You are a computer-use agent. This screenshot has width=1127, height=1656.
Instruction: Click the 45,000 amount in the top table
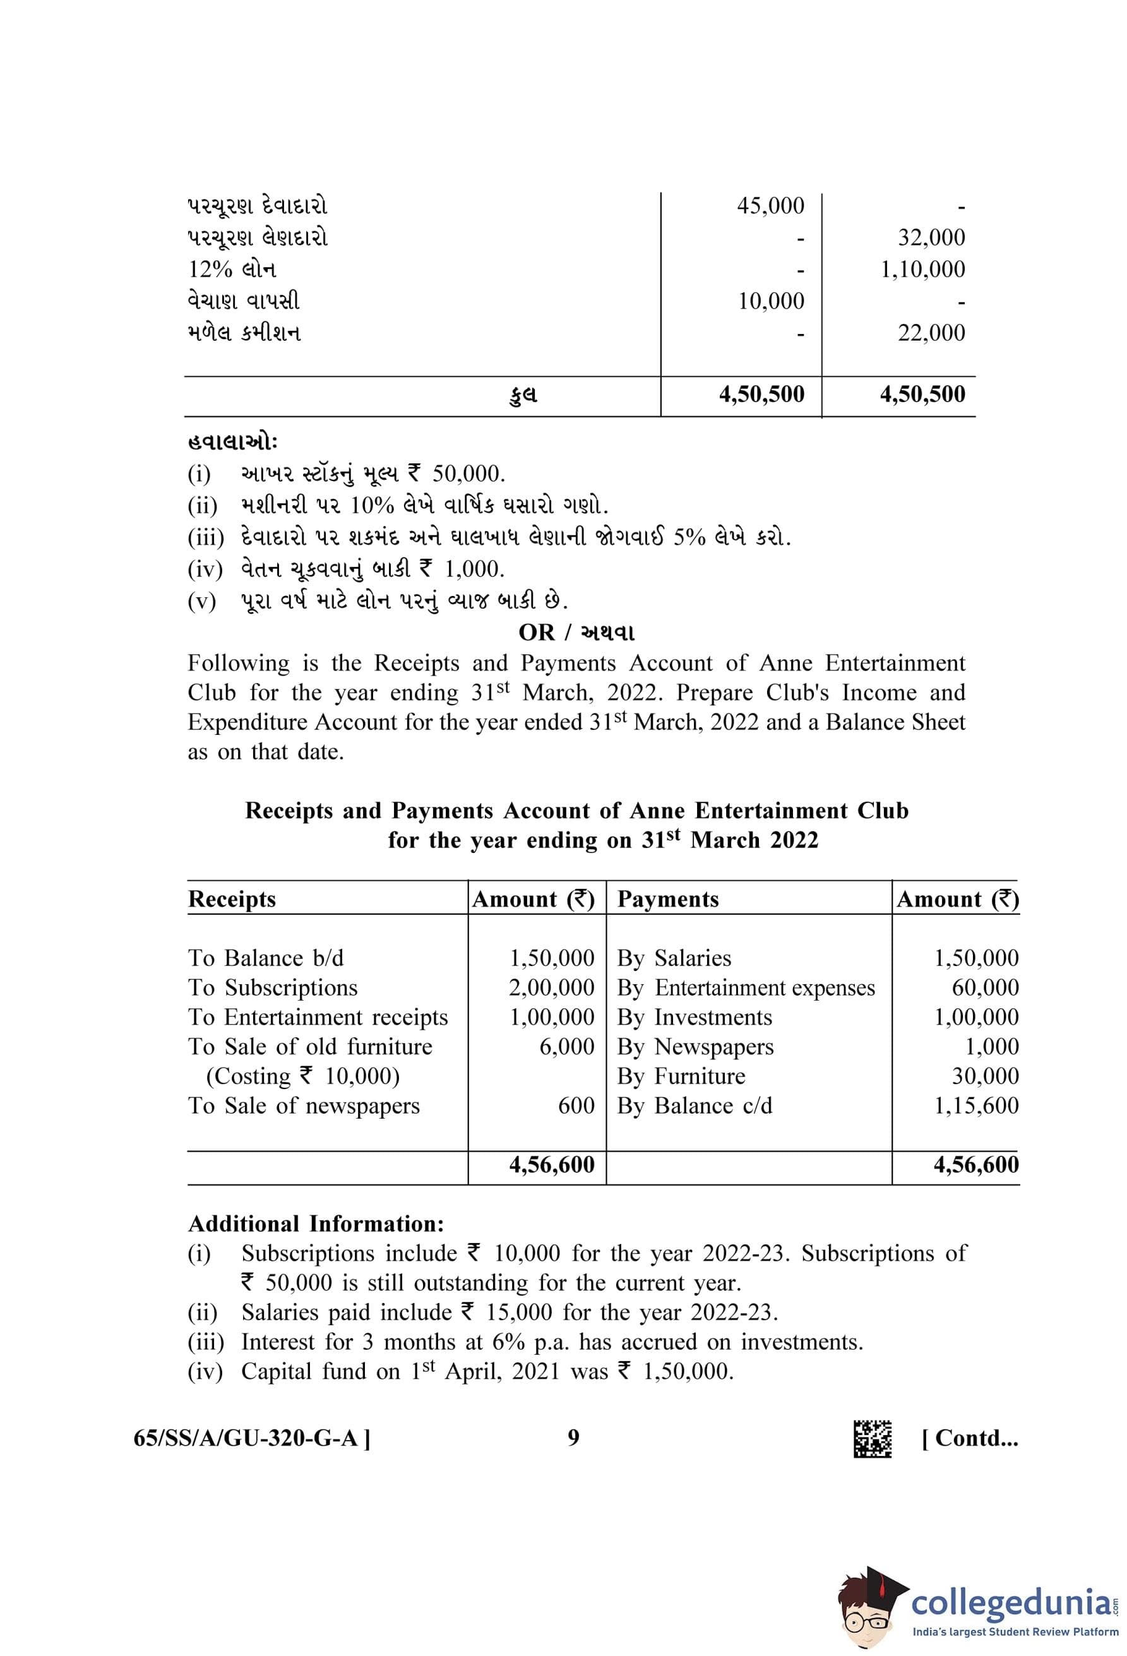coord(770,206)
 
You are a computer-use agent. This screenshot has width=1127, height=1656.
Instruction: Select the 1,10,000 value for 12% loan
coord(922,270)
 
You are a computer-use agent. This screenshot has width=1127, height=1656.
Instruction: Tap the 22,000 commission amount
coord(931,333)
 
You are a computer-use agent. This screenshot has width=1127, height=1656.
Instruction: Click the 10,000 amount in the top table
coord(771,301)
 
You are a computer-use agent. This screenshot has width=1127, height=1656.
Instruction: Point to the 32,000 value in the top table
coord(931,237)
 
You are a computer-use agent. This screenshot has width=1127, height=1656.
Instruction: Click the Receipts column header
coord(232,899)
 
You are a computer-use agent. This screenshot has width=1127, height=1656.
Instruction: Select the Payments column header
coord(667,899)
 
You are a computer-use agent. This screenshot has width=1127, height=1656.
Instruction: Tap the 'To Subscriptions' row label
coord(273,987)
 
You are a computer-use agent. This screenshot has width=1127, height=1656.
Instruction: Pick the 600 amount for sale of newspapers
coord(576,1106)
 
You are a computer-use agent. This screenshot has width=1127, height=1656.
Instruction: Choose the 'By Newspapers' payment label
coord(695,1047)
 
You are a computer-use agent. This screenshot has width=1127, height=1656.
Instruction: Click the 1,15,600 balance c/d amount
coord(976,1106)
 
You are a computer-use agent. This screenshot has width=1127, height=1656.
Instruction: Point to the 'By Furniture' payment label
coord(681,1076)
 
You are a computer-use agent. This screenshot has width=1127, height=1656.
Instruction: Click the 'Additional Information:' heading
coord(316,1224)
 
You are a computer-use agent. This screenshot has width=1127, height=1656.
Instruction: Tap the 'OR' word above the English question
coord(535,633)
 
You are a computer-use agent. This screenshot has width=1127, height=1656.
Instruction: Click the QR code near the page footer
coord(873,1439)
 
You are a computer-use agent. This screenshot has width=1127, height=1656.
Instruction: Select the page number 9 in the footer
coord(573,1438)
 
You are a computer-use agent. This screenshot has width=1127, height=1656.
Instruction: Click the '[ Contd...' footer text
coord(970,1439)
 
